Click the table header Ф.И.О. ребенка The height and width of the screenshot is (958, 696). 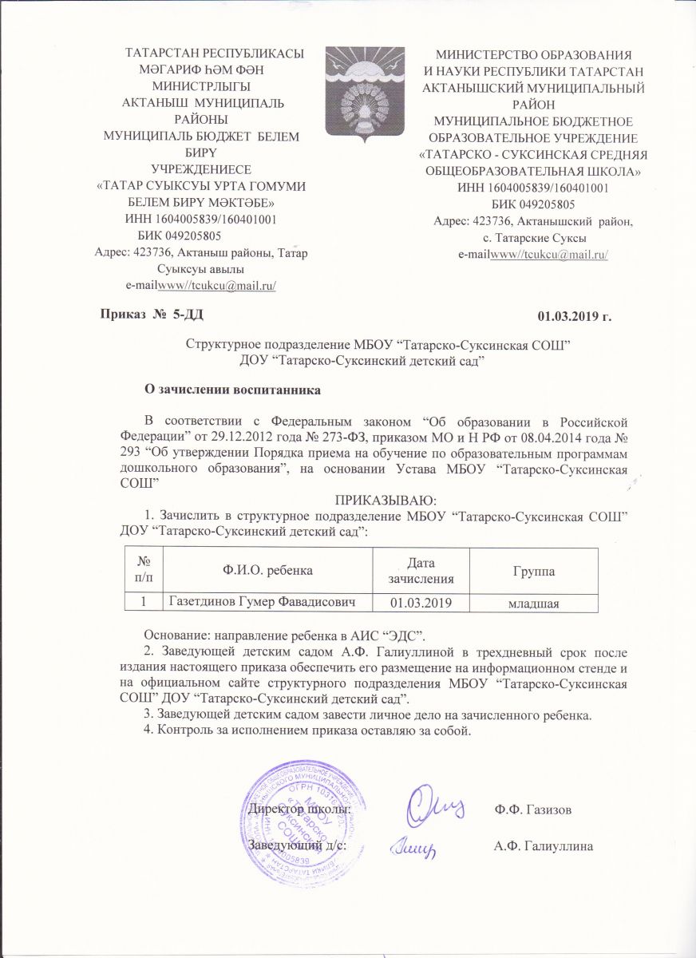pos(267,572)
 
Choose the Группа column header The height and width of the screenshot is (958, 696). pos(533,572)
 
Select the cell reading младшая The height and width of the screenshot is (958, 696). pos(533,601)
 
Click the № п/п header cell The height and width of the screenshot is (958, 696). pos(144,572)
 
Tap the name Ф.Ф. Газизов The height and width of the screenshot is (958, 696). pos(532,810)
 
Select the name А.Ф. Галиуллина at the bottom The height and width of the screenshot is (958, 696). pos(544,845)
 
